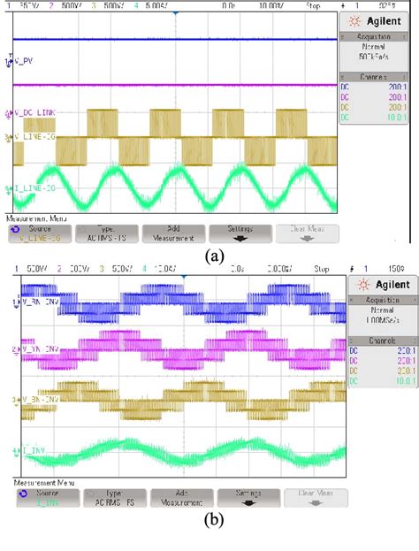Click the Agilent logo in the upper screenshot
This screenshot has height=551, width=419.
tap(378, 20)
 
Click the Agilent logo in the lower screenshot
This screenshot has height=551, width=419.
tap(381, 284)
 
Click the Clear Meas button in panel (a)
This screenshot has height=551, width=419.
tap(305, 232)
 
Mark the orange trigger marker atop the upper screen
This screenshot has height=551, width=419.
tap(177, 15)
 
